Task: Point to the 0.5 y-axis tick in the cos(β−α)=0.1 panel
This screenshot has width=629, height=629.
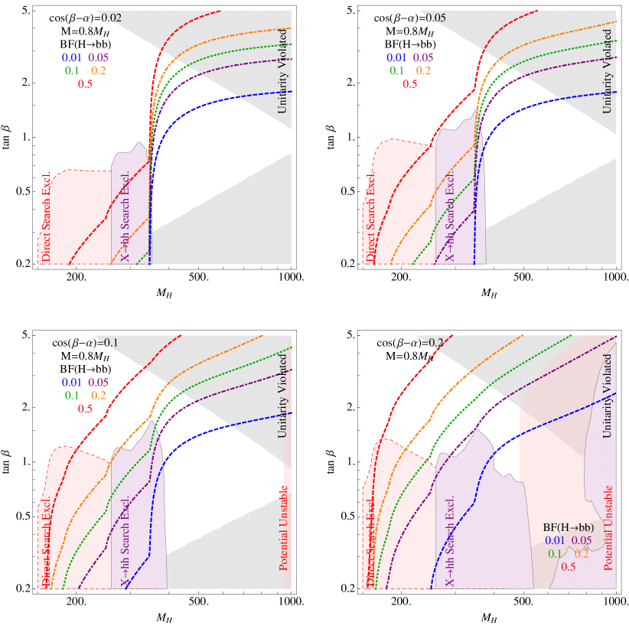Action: [x=24, y=517]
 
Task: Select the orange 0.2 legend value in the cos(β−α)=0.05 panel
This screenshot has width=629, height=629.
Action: [x=423, y=70]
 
